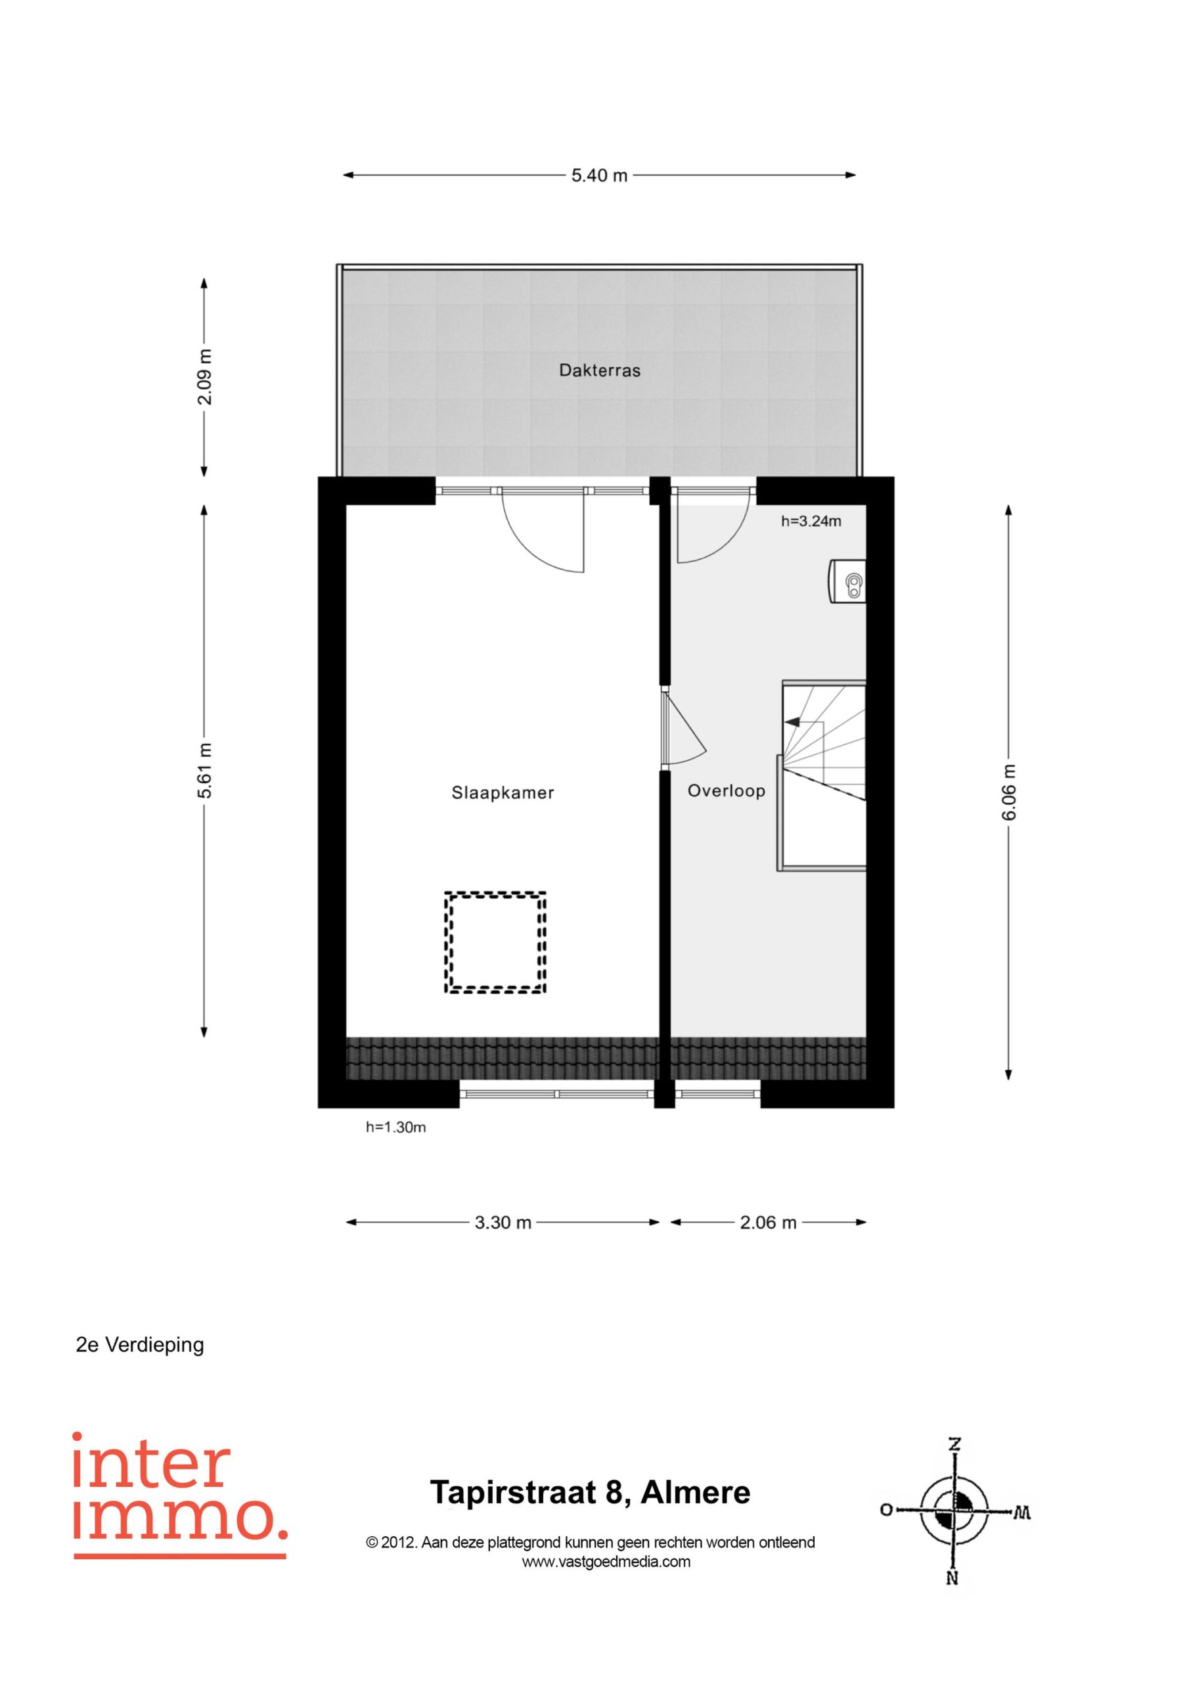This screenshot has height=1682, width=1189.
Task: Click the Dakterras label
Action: coord(599,371)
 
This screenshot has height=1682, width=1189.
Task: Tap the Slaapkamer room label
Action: coord(503,792)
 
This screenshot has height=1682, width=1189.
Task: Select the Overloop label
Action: coord(726,790)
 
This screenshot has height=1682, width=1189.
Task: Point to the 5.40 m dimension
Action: coord(599,176)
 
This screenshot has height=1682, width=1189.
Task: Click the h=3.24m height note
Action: coord(811,522)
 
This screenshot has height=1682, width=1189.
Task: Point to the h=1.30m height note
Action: coord(395,1127)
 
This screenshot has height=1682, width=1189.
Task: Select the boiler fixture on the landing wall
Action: coord(847,581)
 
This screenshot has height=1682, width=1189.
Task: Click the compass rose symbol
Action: coord(954,1511)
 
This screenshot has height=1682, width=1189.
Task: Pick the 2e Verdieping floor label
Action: coord(140,1345)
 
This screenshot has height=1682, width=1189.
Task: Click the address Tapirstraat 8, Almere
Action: coord(591,1492)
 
